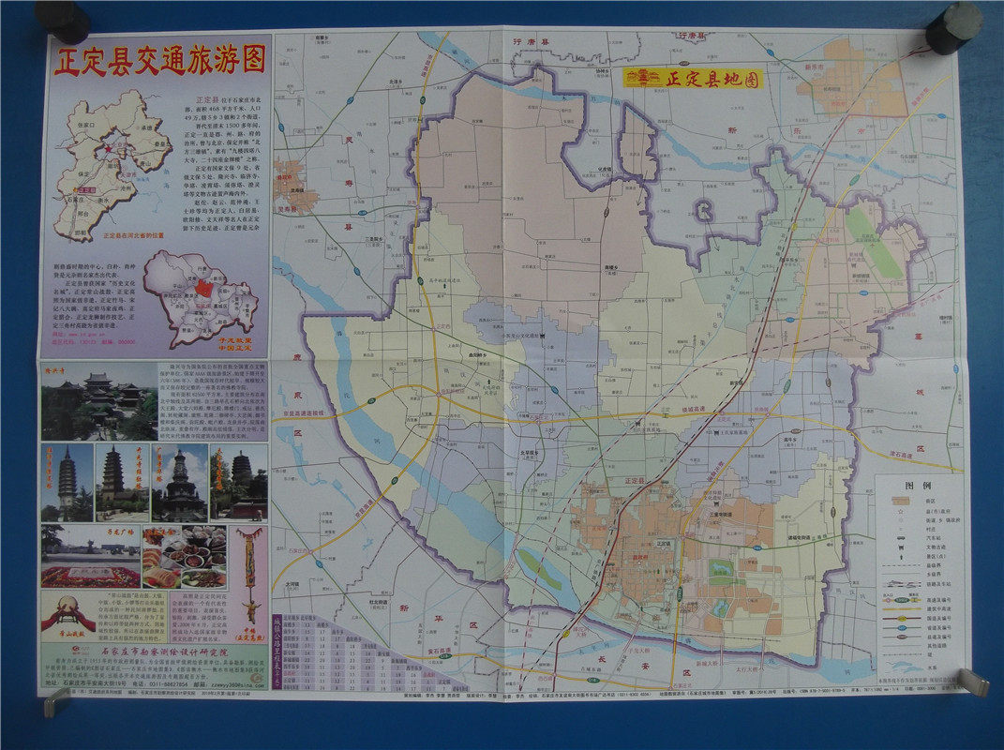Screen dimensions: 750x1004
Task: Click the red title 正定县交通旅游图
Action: pos(159,59)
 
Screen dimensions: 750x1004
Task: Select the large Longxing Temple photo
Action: pos(98,401)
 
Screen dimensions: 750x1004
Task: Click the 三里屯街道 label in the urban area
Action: pos(720,514)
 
